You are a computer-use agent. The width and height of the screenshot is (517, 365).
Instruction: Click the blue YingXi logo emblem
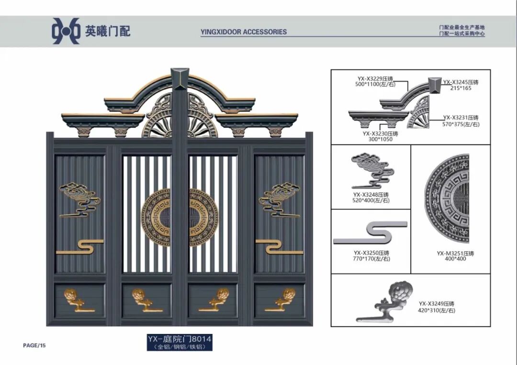tap(66, 31)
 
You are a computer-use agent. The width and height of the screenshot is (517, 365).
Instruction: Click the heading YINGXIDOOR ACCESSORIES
tap(244, 32)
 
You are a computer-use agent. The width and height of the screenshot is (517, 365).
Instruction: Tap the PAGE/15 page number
tap(34, 345)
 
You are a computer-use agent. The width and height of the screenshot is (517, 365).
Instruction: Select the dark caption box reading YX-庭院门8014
tap(180, 343)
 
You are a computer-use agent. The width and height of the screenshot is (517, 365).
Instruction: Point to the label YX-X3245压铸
tap(461, 82)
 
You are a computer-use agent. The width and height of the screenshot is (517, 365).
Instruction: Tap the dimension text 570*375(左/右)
tap(461, 124)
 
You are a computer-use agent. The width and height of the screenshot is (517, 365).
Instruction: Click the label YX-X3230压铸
tap(380, 134)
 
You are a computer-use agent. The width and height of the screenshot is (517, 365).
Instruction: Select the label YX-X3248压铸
tap(371, 195)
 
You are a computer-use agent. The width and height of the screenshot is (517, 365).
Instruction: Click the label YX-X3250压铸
tap(371, 253)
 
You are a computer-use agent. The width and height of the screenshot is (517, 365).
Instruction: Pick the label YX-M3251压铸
tap(451, 253)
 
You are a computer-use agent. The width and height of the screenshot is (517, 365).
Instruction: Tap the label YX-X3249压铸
tap(436, 304)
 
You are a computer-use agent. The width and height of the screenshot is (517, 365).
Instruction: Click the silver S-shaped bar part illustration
tap(371, 233)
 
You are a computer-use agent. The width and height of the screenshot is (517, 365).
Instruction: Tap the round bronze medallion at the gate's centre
tap(180, 217)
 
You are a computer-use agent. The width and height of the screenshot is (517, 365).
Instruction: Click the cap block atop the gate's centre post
tap(180, 78)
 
